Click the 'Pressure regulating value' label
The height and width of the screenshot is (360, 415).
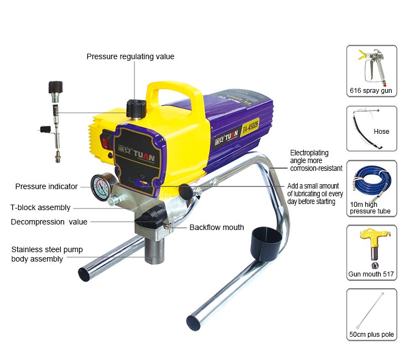130,56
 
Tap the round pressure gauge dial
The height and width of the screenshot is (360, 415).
101,187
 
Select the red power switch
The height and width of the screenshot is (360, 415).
106,140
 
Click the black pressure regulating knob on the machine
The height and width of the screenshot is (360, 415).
136,108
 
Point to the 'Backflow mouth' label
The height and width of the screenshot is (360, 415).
216,227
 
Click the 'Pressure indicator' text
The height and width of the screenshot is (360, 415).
46,186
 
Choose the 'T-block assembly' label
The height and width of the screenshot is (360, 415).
40,207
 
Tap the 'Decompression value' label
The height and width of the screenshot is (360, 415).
49,222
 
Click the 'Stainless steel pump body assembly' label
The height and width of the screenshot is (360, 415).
47,254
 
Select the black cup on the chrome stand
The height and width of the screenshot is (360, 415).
266,240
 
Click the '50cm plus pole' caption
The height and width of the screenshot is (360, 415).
372,335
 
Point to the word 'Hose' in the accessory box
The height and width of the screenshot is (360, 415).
381,132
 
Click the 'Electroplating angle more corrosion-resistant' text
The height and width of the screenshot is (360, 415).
316,160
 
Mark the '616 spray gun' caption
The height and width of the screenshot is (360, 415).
371,91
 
